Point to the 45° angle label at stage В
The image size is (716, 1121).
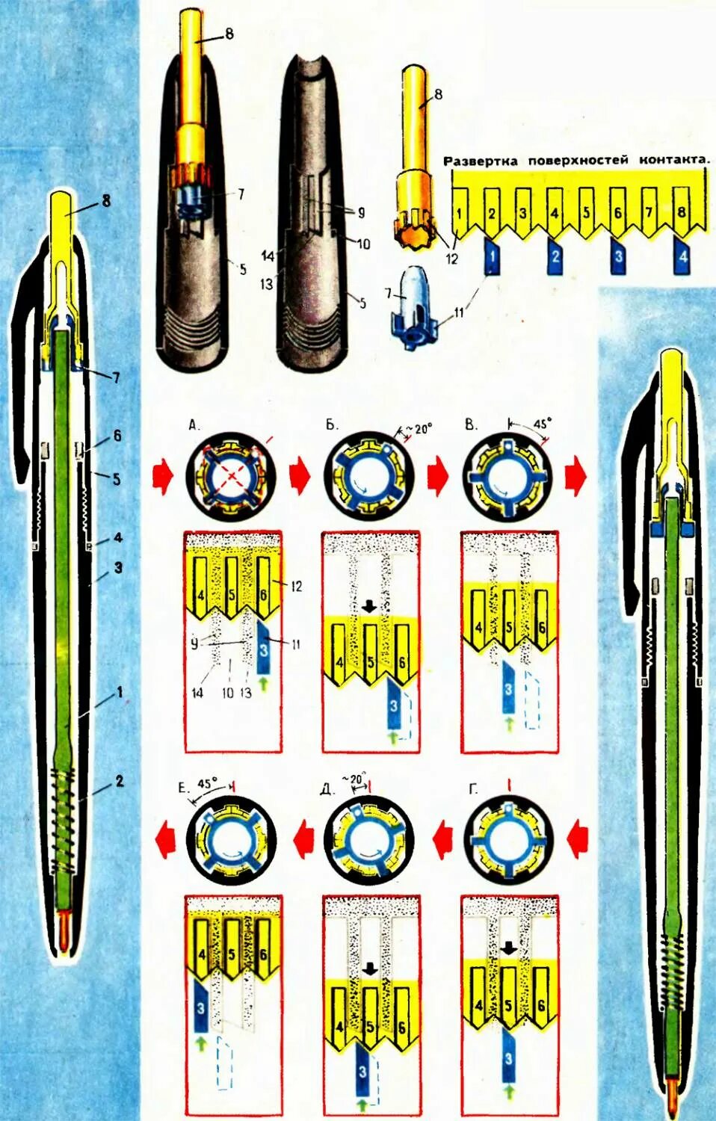click(540, 423)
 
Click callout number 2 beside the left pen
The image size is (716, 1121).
click(119, 782)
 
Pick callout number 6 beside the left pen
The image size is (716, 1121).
click(117, 436)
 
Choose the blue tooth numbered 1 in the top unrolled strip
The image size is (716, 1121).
click(493, 256)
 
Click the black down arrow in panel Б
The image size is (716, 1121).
click(368, 606)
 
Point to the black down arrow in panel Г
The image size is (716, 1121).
click(508, 948)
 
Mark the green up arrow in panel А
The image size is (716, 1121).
click(263, 682)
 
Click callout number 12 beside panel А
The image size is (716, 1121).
click(297, 587)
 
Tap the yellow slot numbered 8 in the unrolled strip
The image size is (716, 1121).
click(679, 212)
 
